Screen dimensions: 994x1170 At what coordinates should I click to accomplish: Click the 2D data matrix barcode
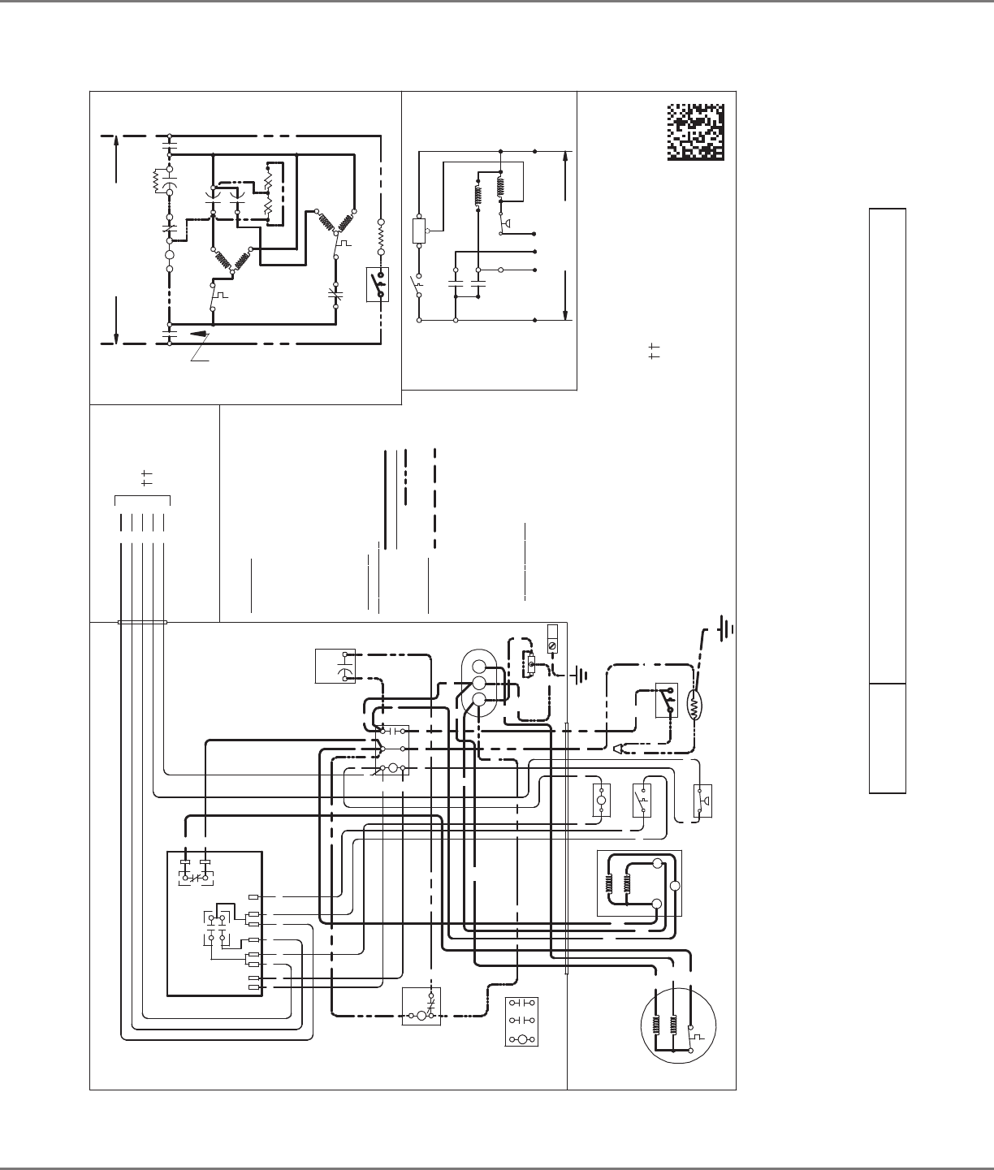695,132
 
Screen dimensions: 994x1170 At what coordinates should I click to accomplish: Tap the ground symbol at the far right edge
726,628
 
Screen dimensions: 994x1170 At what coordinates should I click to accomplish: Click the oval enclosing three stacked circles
478,682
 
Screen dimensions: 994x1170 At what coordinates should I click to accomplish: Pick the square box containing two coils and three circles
639,884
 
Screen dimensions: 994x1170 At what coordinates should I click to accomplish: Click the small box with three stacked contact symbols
521,1021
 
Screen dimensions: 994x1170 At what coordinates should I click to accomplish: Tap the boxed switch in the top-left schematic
377,284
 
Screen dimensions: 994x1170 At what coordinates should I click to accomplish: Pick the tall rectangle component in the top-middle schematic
420,230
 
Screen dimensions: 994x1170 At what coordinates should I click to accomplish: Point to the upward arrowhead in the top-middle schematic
565,162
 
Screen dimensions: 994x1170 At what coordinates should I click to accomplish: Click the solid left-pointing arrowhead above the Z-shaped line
195,332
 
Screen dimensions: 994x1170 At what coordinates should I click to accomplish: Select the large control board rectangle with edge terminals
214,923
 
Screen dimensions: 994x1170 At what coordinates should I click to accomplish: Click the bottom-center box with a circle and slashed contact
421,1006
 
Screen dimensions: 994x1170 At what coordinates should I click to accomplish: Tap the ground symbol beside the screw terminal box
580,674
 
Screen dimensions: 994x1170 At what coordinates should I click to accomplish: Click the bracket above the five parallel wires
142,496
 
